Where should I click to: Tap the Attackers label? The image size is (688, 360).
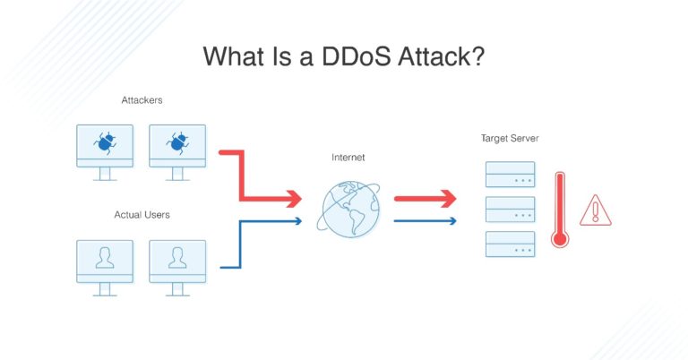click(141, 100)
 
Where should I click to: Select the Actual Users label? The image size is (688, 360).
click(142, 215)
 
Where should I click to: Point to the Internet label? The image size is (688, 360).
click(348, 158)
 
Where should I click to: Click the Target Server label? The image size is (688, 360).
click(510, 139)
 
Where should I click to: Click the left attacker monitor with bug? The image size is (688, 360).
click(105, 147)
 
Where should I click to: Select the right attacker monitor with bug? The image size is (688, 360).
click(177, 147)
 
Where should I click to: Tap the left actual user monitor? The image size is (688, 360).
click(105, 261)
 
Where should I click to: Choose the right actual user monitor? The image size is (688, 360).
click(177, 261)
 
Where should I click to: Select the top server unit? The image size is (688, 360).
click(510, 174)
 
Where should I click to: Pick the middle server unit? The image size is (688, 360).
click(510, 209)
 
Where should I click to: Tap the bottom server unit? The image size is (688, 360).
click(510, 244)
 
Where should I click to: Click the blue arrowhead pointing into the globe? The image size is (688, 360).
click(297, 220)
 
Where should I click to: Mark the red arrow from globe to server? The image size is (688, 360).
click(426, 198)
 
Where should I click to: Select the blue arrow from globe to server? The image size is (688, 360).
click(426, 220)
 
